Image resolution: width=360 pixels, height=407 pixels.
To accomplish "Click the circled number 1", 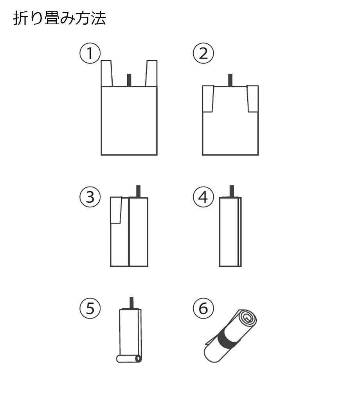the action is tap(90, 53).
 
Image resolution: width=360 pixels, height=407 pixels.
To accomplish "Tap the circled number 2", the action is tap(203, 53).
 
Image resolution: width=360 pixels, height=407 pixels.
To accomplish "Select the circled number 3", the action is tap(90, 197).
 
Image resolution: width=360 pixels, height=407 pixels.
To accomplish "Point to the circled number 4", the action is tap(203, 197).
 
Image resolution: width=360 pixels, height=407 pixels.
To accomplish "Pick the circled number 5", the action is tap(90, 308).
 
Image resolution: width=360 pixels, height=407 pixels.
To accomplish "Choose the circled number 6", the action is tap(203, 308).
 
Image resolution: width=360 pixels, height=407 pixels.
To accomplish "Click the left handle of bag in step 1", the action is tap(106, 73).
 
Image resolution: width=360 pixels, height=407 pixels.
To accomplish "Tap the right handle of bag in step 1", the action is tap(151, 73).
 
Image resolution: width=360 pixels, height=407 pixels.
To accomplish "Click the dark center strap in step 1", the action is tap(129, 80).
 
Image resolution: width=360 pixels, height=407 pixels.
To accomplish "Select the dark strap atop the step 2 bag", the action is tap(230, 80).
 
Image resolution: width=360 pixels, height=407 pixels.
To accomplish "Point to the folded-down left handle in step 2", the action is tap(208, 99).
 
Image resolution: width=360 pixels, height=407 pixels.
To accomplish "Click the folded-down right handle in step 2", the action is tap(252, 99).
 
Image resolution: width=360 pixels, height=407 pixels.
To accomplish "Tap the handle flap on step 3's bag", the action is tap(116, 210).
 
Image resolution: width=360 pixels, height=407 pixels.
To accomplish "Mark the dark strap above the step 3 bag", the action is tap(139, 191).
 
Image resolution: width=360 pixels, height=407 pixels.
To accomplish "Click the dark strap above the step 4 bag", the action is tap(232, 191).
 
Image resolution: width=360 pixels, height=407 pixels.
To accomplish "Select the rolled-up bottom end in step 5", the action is tap(129, 359).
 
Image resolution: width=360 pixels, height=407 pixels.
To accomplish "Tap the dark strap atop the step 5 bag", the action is tap(131, 303).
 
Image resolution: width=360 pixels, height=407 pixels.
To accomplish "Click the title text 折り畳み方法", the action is tap(59, 18).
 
